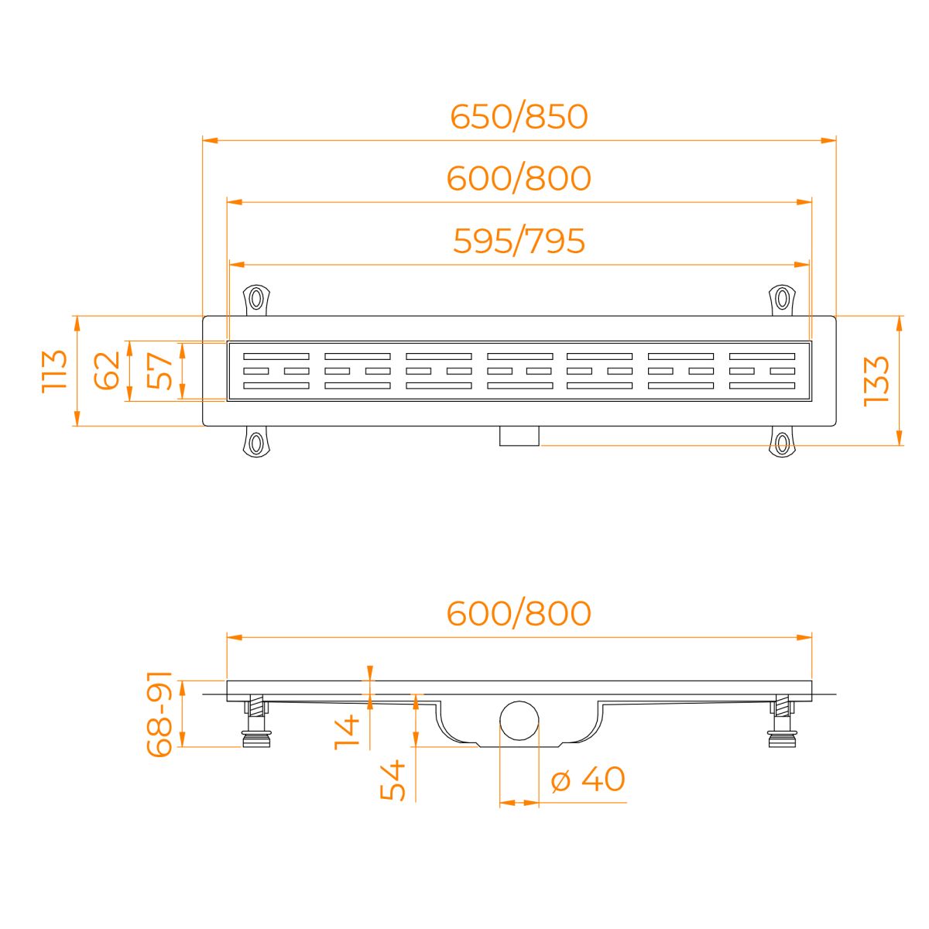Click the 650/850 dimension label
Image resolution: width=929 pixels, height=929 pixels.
click(x=519, y=117)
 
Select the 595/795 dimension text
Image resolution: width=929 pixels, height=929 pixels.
click(x=519, y=241)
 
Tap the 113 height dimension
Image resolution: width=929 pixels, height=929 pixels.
click(x=54, y=372)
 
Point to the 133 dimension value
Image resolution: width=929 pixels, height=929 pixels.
click(x=876, y=382)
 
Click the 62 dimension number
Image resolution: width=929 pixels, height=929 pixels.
click(x=107, y=370)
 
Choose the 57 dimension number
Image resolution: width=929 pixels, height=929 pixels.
click(x=159, y=371)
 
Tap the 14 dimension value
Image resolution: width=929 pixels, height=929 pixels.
click(x=347, y=732)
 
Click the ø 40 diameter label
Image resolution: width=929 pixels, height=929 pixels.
click(x=588, y=779)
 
